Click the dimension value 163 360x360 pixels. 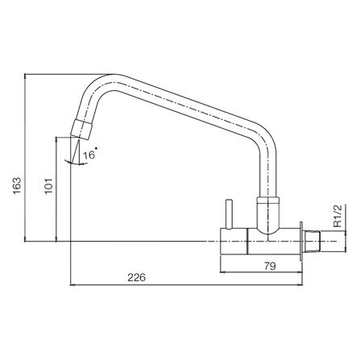(x=17, y=185)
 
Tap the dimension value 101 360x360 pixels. (x=48, y=185)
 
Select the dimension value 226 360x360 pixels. (x=136, y=277)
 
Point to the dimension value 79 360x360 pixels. (x=270, y=267)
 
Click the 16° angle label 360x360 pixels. (x=90, y=155)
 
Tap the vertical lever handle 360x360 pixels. (x=229, y=214)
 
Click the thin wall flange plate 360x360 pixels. (x=301, y=241)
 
